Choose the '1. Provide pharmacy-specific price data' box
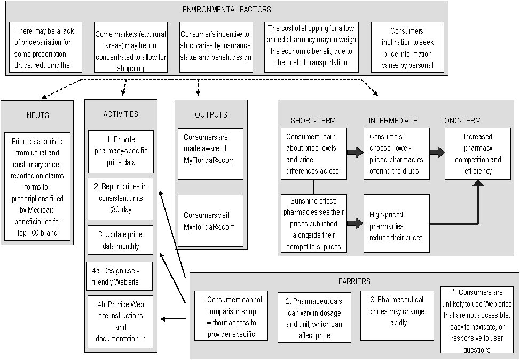[x=121, y=151]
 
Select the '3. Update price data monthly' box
[x=121, y=240]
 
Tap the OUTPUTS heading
[x=210, y=114]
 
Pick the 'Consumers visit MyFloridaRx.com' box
[x=210, y=221]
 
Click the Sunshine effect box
[x=313, y=222]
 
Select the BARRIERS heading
[x=353, y=280]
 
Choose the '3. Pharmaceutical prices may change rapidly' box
[x=396, y=315]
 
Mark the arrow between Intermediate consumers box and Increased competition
[x=437, y=153]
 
